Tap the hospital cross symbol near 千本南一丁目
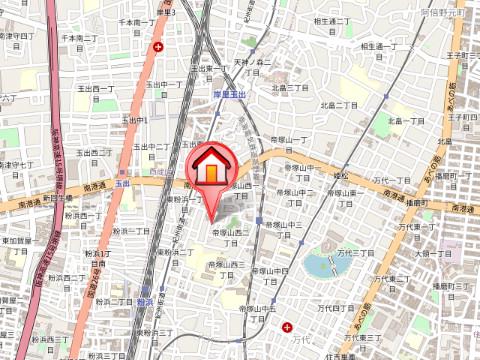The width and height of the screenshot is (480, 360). (157, 47)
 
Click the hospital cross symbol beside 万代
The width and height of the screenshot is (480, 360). (288, 327)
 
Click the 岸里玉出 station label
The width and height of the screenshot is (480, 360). (231, 94)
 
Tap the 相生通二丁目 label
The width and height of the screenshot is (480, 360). (333, 20)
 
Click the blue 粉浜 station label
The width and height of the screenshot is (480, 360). (145, 301)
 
